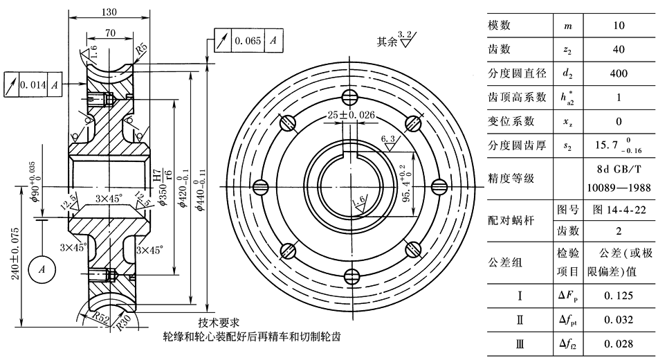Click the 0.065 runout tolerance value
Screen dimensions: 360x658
click(248, 42)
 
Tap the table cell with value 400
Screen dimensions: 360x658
click(619, 74)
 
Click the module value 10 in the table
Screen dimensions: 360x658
click(619, 26)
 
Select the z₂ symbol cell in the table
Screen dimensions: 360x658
click(567, 50)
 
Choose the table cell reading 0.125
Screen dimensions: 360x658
click(619, 296)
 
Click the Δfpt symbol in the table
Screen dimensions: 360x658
click(567, 320)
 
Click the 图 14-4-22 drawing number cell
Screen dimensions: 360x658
click(619, 209)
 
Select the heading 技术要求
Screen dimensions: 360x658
click(219, 323)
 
